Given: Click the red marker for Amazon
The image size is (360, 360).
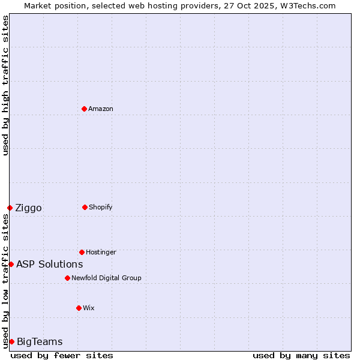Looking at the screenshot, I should pyautogui.click(x=84, y=109).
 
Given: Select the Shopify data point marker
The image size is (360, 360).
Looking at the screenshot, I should pyautogui.click(x=85, y=207).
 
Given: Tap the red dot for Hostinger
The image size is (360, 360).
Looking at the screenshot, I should pyautogui.click(x=82, y=252).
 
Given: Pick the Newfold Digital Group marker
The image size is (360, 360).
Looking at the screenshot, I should pyautogui.click(x=67, y=278).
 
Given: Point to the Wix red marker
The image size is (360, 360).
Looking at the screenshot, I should pyautogui.click(x=79, y=308).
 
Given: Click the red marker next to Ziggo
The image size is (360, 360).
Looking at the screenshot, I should pyautogui.click(x=10, y=208).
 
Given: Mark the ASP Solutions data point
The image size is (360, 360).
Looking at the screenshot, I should pyautogui.click(x=11, y=264).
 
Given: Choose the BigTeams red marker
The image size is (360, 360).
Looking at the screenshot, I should pyautogui.click(x=11, y=341).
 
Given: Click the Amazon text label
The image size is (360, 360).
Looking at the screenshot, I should pyautogui.click(x=101, y=109).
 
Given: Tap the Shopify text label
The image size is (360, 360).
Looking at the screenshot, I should pyautogui.click(x=101, y=207).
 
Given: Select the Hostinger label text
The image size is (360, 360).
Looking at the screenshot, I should pyautogui.click(x=101, y=252).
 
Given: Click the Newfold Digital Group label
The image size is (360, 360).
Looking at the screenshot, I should pyautogui.click(x=106, y=278).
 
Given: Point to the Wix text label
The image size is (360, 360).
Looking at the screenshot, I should pyautogui.click(x=89, y=308).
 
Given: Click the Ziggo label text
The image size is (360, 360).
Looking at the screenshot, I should pyautogui.click(x=28, y=208).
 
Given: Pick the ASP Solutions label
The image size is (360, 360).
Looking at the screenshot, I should pyautogui.click(x=49, y=264).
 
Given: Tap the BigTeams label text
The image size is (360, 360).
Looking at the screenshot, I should pyautogui.click(x=40, y=342).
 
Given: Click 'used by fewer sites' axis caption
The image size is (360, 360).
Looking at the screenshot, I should pyautogui.click(x=62, y=355).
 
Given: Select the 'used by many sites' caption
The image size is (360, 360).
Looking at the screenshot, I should pyautogui.click(x=301, y=355).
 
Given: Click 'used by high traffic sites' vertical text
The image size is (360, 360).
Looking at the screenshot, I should pyautogui.click(x=5, y=85).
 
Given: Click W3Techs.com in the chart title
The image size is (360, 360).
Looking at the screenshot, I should pyautogui.click(x=304, y=5).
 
